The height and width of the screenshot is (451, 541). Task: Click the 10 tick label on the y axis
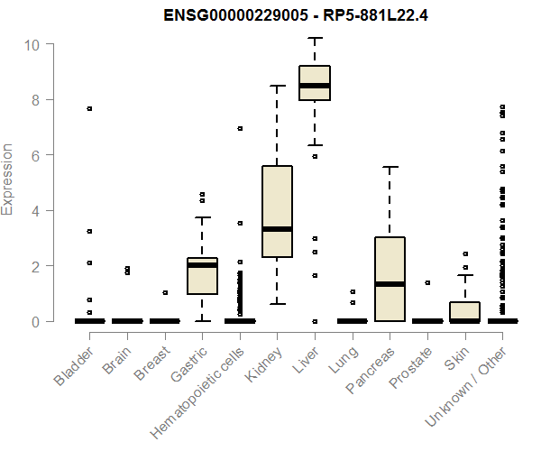[32, 44]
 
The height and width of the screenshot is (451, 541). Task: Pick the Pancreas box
[390, 278]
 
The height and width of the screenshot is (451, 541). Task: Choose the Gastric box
[202, 275]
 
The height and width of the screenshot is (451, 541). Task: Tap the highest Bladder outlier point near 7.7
[89, 108]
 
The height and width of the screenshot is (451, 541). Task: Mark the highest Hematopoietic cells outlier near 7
[240, 128]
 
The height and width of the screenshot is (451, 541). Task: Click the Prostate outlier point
[427, 282]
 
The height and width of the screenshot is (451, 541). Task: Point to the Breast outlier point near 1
[165, 292]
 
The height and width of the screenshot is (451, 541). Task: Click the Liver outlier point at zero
[315, 321]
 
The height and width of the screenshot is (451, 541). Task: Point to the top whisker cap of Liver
[315, 38]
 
